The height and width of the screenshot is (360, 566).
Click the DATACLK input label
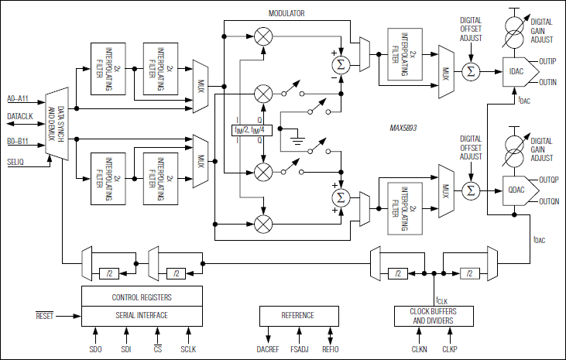pyautogui.click(x=20, y=115)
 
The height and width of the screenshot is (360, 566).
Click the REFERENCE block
pyautogui.click(x=298, y=315)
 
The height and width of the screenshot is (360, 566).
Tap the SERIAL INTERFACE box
pyautogui.click(x=142, y=315)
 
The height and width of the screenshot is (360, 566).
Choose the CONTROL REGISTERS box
pyautogui.click(x=142, y=297)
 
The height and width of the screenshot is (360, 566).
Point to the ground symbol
pyautogui.click(x=296, y=142)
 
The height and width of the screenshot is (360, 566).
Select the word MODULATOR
pyautogui.click(x=286, y=14)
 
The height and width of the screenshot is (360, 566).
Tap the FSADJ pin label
pyautogui.click(x=299, y=351)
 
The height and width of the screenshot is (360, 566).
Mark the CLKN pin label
pyautogui.click(x=418, y=351)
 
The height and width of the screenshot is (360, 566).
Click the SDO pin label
pyautogui.click(x=95, y=351)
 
